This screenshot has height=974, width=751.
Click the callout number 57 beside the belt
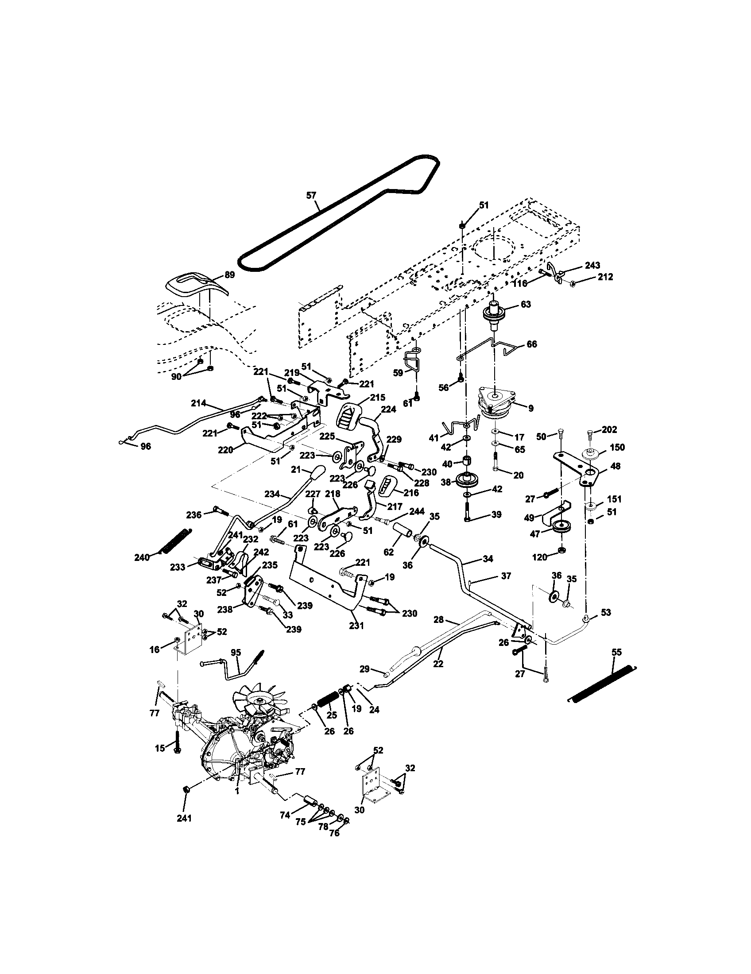click(x=311, y=195)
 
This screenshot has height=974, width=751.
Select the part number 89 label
click(x=229, y=275)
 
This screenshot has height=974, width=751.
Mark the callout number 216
click(x=411, y=492)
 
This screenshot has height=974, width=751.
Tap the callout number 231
click(x=356, y=626)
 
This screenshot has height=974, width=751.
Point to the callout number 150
click(x=617, y=447)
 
